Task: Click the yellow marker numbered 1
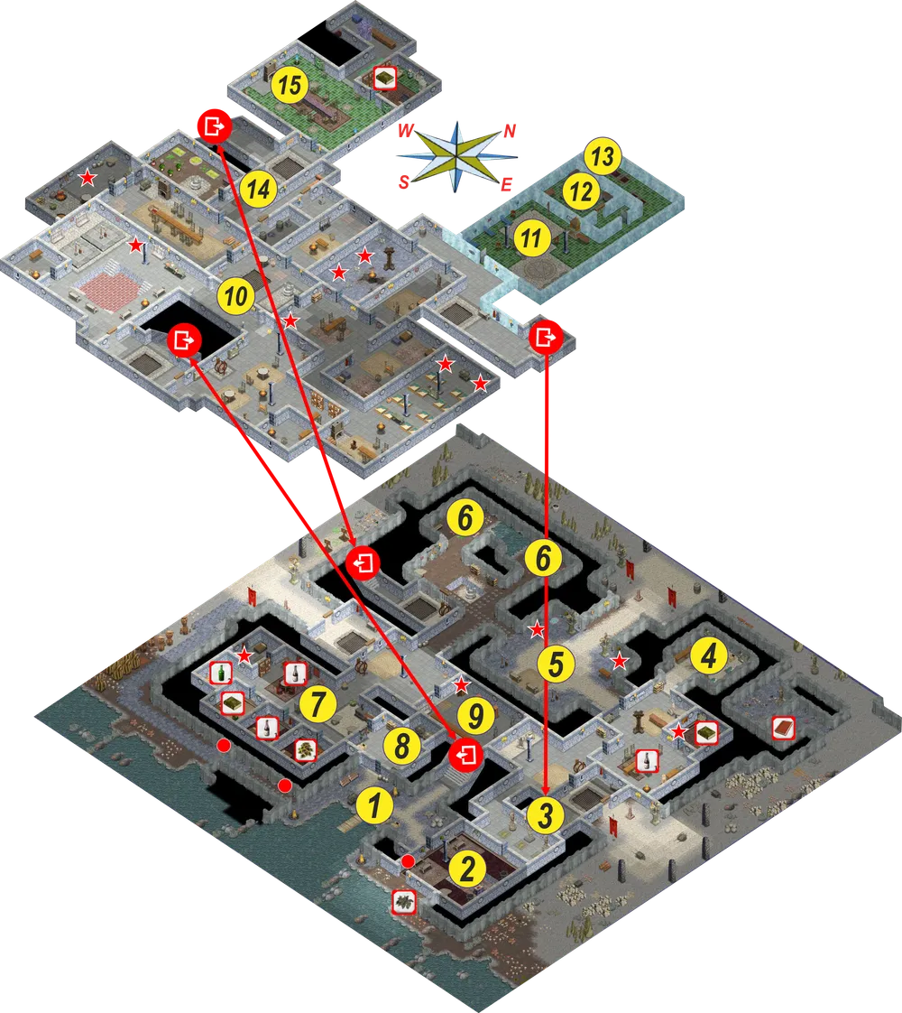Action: click(x=374, y=805)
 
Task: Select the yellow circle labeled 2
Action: click(x=467, y=869)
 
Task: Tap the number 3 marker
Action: click(x=545, y=814)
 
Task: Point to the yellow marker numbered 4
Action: click(x=709, y=656)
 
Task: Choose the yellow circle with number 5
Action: click(x=556, y=664)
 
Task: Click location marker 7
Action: click(x=317, y=703)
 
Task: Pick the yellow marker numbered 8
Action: click(x=402, y=745)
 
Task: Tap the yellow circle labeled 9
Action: click(x=475, y=716)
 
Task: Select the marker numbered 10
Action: click(x=235, y=296)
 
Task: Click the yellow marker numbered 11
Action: click(x=531, y=237)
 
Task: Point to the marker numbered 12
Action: click(x=581, y=192)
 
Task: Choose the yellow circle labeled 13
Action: click(x=603, y=156)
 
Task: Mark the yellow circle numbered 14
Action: click(x=259, y=189)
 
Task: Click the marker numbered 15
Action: click(x=290, y=85)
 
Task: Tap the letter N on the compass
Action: click(x=509, y=131)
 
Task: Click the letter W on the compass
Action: click(x=405, y=131)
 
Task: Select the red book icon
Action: click(x=783, y=728)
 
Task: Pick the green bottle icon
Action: click(x=221, y=673)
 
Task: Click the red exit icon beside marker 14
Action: click(x=214, y=126)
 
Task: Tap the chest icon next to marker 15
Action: click(x=384, y=78)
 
